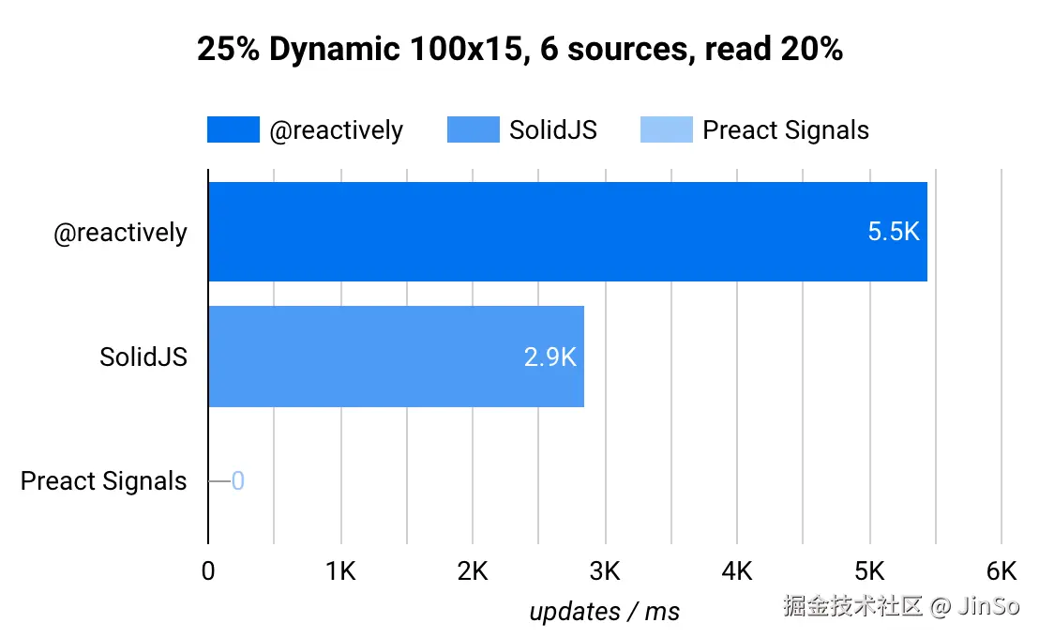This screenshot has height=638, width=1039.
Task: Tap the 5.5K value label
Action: click(894, 233)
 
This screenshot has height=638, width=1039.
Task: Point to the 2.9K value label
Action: click(550, 357)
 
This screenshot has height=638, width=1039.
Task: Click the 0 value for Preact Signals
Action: click(238, 481)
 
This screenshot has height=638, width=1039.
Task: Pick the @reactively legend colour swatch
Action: click(233, 129)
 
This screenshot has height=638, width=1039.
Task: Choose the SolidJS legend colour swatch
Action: click(474, 129)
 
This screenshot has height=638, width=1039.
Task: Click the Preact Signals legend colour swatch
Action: click(667, 129)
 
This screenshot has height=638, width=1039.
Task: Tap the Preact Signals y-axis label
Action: click(104, 481)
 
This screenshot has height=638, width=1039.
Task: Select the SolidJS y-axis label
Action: click(143, 357)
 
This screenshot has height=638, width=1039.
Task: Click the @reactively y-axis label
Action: click(120, 233)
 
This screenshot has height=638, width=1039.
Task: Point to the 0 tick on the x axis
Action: click(208, 571)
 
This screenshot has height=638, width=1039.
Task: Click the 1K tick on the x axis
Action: click(340, 571)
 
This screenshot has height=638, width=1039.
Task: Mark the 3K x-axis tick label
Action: click(605, 571)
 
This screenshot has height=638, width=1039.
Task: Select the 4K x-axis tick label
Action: click(737, 571)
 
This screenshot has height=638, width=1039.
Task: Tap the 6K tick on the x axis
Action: click(1001, 571)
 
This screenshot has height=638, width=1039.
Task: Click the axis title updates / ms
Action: click(605, 612)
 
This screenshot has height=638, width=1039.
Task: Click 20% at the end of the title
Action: click(812, 50)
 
